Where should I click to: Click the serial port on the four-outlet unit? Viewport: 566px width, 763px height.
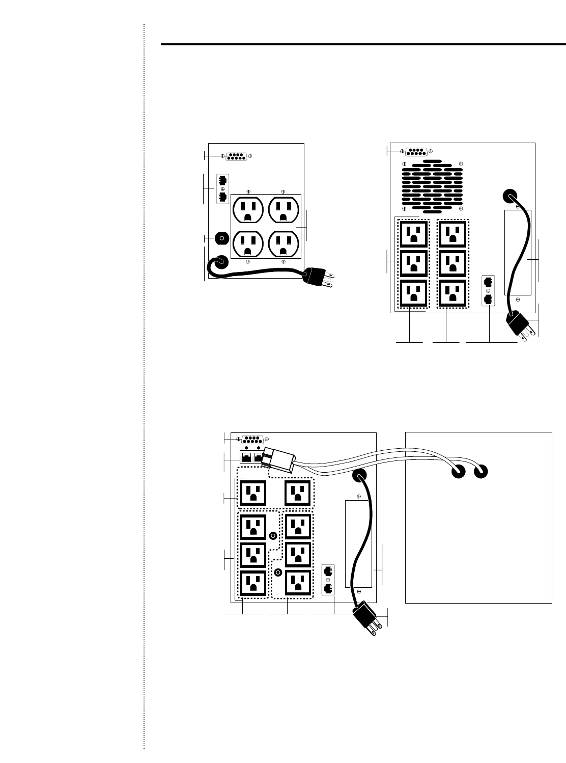coord(237,156)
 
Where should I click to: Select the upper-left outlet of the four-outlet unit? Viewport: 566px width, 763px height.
coord(248,209)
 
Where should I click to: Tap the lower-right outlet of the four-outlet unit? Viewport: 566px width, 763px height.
coord(284,244)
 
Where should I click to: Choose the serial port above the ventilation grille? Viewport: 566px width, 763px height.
coord(416,151)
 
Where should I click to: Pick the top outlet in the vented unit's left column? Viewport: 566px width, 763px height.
coord(413,234)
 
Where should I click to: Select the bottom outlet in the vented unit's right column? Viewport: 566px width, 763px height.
coord(452,294)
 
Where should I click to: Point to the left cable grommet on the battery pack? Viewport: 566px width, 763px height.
coord(458,472)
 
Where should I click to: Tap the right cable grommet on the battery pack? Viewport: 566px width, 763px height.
coord(481,472)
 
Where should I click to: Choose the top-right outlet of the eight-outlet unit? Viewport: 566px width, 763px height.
coord(298,493)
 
